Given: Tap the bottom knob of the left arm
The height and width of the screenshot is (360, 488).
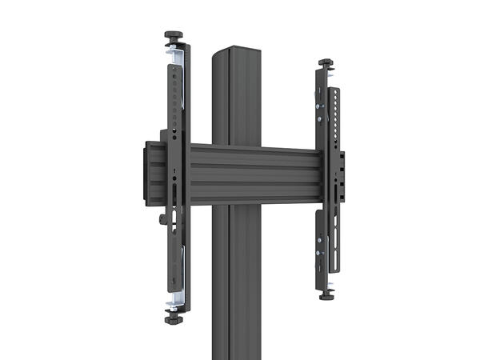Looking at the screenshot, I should coord(174,318).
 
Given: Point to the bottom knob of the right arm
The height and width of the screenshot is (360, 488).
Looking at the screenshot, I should coord(327,294).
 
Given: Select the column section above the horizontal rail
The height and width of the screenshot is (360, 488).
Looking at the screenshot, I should coord(231,100).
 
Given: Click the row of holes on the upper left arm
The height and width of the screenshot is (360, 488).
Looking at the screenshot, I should coord(176,96).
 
